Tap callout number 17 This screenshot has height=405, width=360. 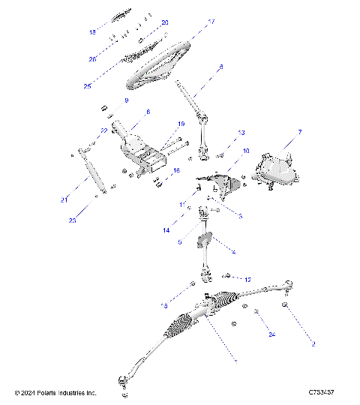point(211,22)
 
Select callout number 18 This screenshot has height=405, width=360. point(93,32)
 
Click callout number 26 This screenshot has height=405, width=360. point(93,58)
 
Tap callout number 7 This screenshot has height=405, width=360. point(300,132)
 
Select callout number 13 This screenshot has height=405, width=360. point(241,133)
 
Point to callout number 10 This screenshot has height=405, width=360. point(246,151)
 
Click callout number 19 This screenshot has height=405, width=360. point(181,124)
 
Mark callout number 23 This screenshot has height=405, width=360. point(72,221)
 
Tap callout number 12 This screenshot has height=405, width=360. point(248,279)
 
